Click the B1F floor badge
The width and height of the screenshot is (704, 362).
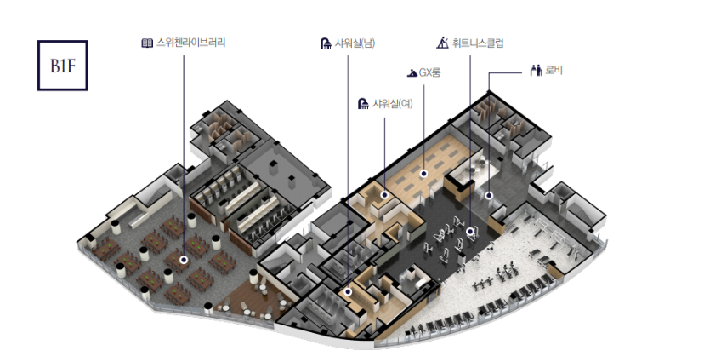point(63,63)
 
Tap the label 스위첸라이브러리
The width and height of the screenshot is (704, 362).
point(190,42)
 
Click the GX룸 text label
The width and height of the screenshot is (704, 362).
point(429,73)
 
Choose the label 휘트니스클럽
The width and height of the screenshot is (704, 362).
point(478,42)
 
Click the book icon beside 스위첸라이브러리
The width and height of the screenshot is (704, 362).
point(147,42)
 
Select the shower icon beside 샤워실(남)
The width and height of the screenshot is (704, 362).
point(325,43)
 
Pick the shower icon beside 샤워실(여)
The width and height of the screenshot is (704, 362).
point(363,104)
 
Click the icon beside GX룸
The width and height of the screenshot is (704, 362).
point(412,73)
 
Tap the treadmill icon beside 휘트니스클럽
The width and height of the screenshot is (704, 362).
point(442,42)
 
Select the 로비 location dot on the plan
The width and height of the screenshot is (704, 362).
point(489,196)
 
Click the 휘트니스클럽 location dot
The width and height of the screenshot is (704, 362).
point(469,230)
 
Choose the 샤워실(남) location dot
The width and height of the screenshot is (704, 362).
point(348,292)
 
